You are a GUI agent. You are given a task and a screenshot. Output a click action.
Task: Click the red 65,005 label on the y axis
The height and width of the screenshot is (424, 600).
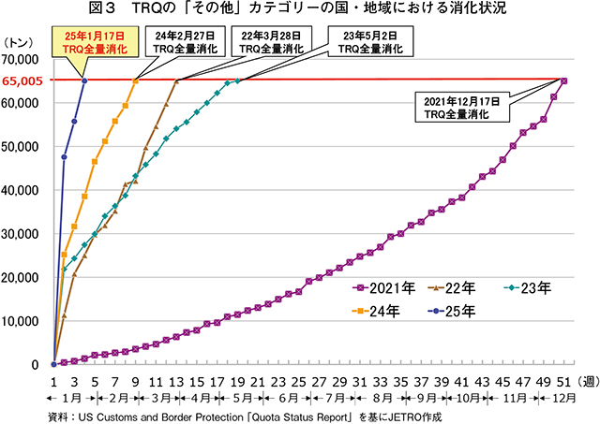pos(22,81)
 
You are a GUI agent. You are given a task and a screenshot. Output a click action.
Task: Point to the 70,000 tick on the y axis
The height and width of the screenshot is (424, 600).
pos(24,59)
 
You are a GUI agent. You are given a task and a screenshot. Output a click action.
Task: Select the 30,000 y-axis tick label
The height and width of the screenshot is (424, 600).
pos(24,234)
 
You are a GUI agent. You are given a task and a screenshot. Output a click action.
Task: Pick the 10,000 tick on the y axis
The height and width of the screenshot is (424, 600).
pos(24,321)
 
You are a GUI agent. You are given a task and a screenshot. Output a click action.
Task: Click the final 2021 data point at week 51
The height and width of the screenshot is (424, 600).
pos(563,80)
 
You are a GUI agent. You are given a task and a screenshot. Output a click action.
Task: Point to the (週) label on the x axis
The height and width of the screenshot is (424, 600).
pos(583,381)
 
